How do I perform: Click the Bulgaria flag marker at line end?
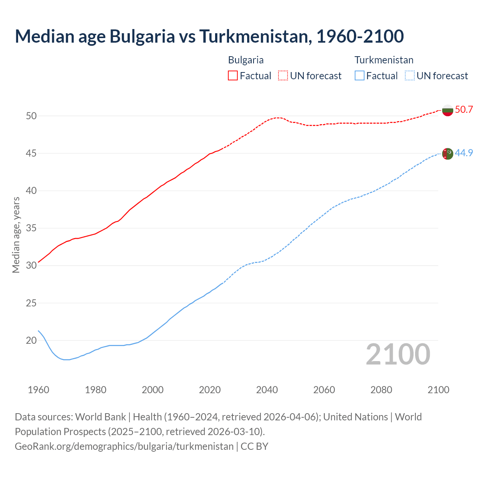pyautogui.click(x=448, y=110)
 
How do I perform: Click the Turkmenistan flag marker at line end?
pyautogui.click(x=448, y=154)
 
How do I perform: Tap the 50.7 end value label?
pyautogui.click(x=464, y=110)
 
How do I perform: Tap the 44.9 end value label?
pyautogui.click(x=464, y=153)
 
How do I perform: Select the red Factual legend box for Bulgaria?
pyautogui.click(x=233, y=76)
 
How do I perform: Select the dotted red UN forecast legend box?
pyautogui.click(x=283, y=76)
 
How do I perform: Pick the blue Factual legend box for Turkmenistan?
pyautogui.click(x=360, y=76)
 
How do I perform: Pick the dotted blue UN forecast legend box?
pyautogui.click(x=409, y=76)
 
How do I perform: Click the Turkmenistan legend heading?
pyautogui.click(x=384, y=60)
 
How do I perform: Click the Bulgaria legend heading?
pyautogui.click(x=246, y=60)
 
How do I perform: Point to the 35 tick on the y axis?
pyautogui.click(x=31, y=228)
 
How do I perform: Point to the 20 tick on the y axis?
pyautogui.click(x=31, y=340)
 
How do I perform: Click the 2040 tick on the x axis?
pyautogui.click(x=267, y=390)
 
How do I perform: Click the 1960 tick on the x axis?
pyautogui.click(x=38, y=390)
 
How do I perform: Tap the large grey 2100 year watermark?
pyautogui.click(x=398, y=354)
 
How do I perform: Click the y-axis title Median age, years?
pyautogui.click(x=16, y=235)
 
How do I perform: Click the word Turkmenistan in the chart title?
pyautogui.click(x=255, y=36)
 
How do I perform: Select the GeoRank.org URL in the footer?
pyautogui.click(x=124, y=446)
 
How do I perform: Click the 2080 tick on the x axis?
pyautogui.click(x=381, y=390)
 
